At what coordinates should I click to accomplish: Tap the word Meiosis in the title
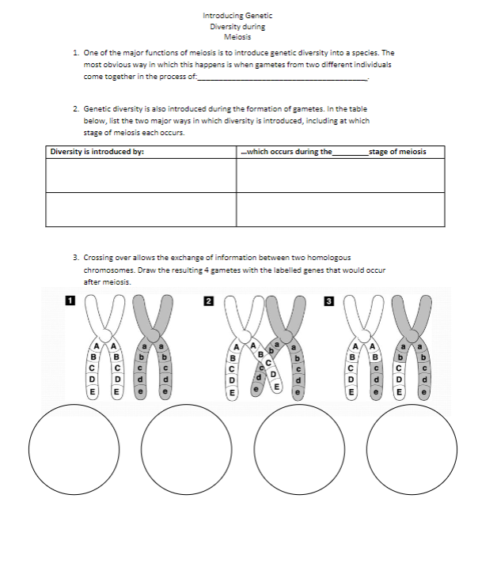coord(237,36)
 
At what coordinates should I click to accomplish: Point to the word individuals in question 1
coord(371,64)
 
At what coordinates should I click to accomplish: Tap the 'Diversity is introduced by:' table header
coord(97,151)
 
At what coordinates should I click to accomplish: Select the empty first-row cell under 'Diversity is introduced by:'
coord(140,176)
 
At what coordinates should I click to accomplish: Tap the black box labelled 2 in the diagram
coord(208,300)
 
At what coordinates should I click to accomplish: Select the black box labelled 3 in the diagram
coord(329,300)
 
